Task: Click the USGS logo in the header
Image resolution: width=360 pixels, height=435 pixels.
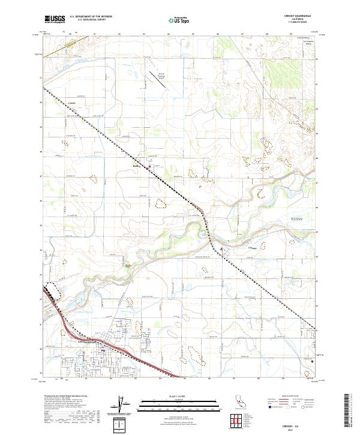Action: tap(55, 19)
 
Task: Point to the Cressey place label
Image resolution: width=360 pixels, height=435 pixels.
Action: tap(253, 247)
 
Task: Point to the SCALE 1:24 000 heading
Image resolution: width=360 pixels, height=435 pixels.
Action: tap(179, 395)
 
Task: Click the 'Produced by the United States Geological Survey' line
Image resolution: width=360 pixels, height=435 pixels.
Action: tap(62, 397)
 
